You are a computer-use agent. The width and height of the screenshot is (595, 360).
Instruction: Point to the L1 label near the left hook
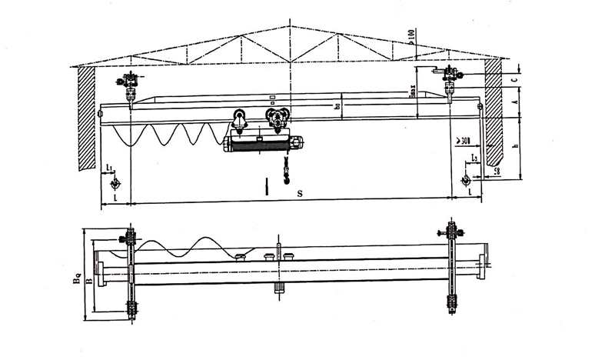click(110, 167)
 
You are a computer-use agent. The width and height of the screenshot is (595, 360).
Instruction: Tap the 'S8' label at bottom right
click(497, 171)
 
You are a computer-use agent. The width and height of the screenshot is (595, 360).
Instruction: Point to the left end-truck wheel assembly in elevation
click(130, 81)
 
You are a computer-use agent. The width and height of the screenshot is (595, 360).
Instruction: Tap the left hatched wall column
click(85, 115)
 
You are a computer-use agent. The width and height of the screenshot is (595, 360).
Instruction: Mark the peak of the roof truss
click(289, 25)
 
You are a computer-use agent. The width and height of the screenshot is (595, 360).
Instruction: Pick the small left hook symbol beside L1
click(115, 184)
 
